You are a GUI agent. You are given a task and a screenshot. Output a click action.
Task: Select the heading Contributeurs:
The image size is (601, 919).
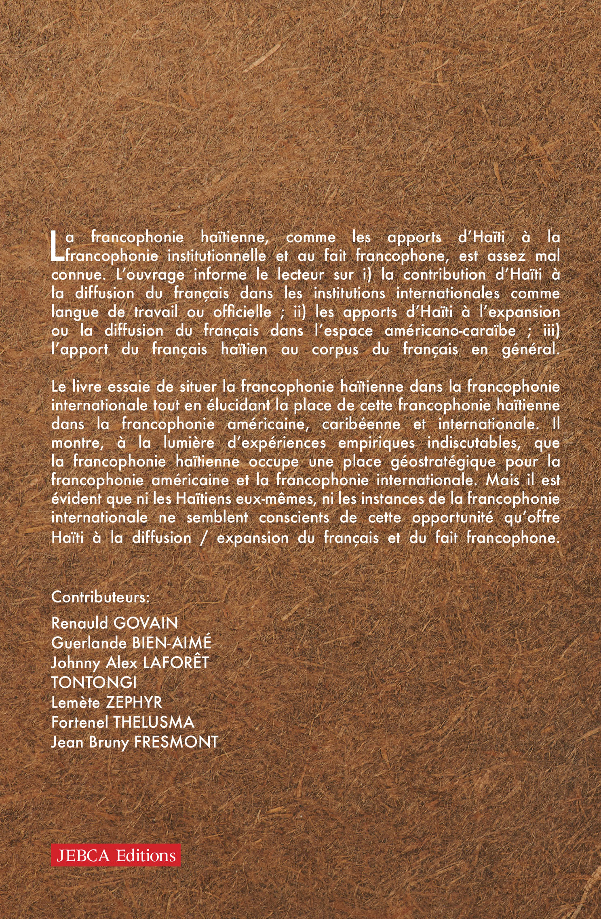(x=101, y=597)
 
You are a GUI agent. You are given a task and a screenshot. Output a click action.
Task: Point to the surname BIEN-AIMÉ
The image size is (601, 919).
(x=172, y=643)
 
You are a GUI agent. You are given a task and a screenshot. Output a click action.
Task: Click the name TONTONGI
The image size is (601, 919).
(x=94, y=682)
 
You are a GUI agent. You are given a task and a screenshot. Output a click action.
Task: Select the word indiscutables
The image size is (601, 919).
(x=472, y=443)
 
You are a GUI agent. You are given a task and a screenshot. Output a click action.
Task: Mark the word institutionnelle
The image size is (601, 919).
(x=217, y=256)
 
